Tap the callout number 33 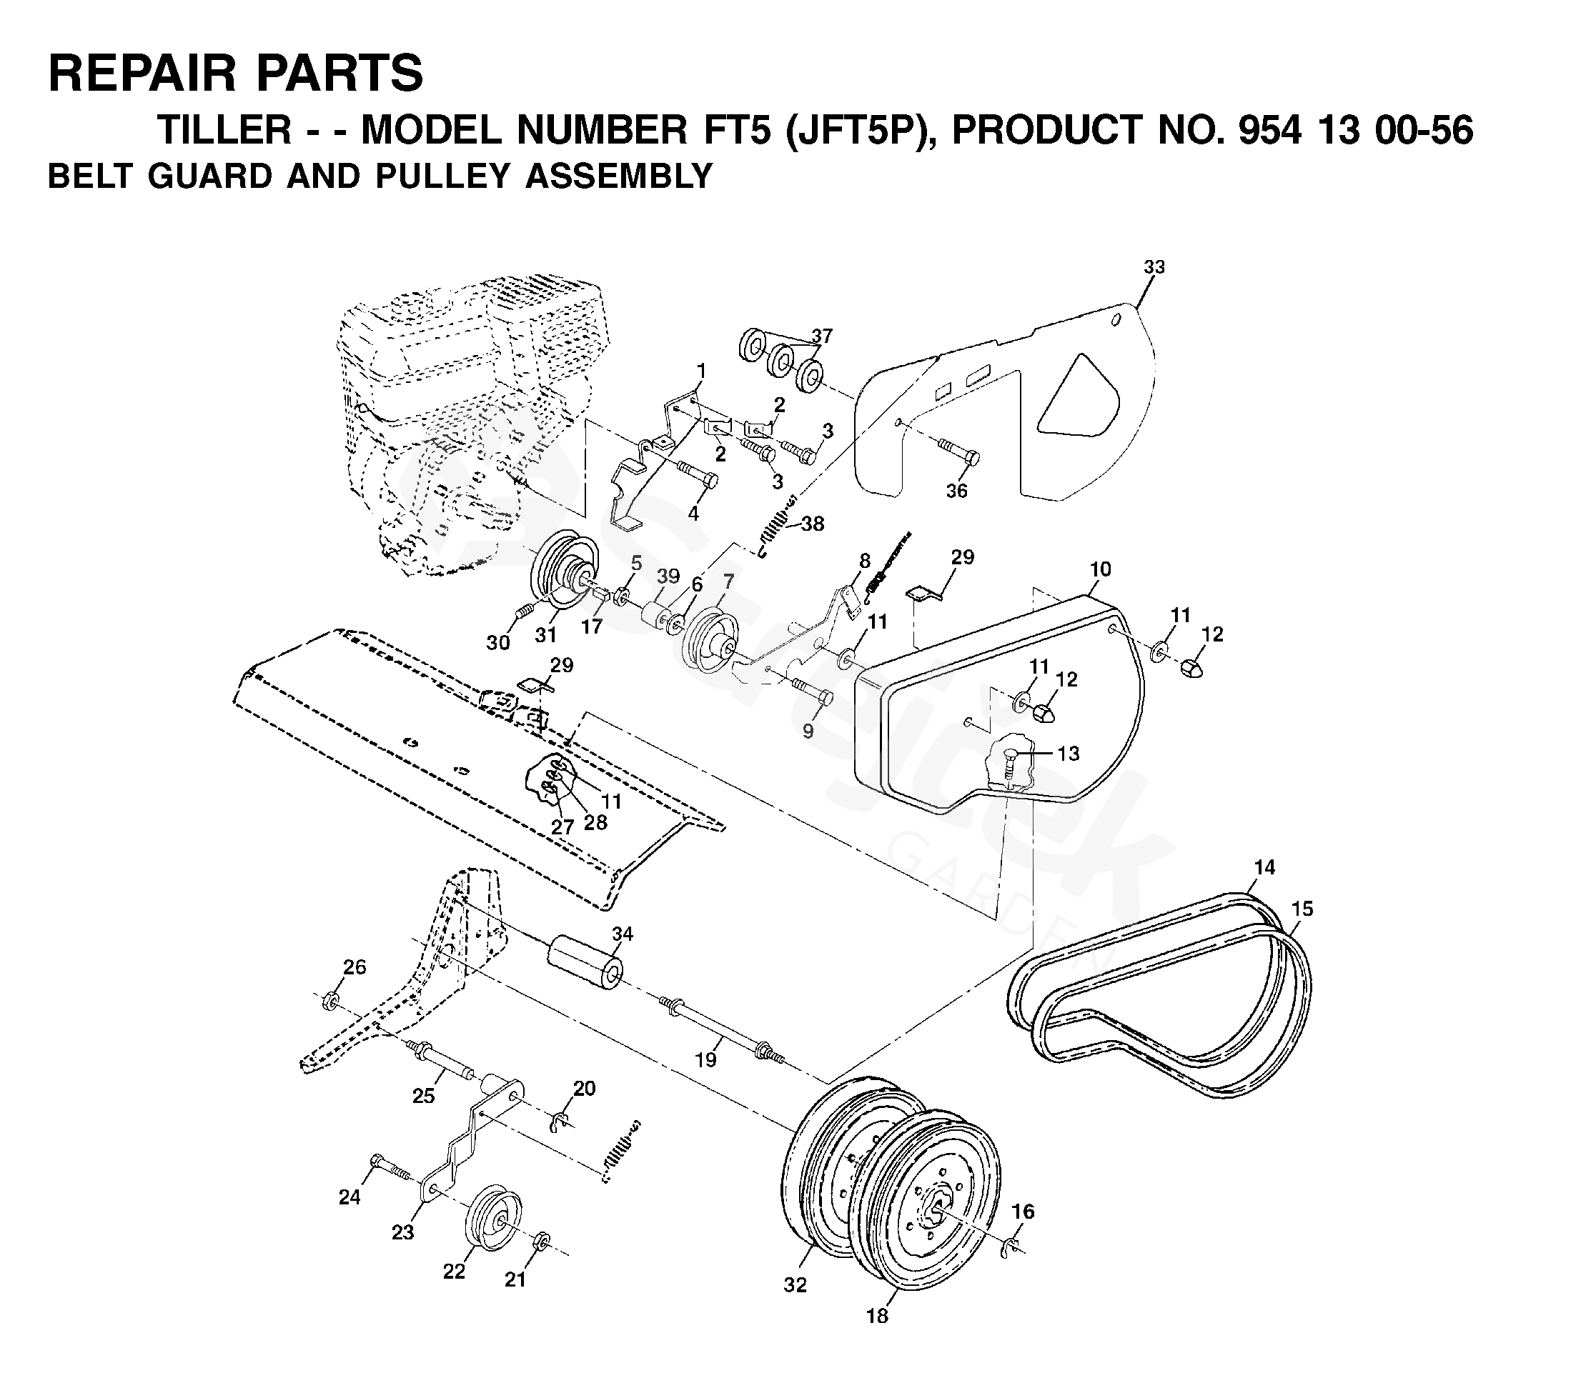pos(1154,266)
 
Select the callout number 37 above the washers pos(822,336)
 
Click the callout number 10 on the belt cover pos(1100,569)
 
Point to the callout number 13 pos(1068,753)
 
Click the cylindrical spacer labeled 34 pos(585,964)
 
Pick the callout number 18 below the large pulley pos(877,1316)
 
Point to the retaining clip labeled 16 pos(1012,1246)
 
